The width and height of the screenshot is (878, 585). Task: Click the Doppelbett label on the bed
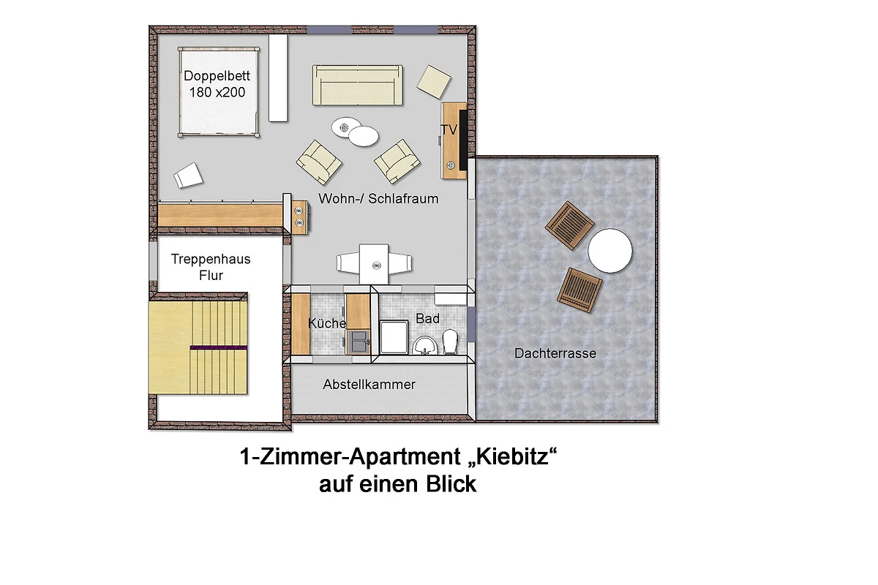217,75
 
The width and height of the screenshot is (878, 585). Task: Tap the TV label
449,129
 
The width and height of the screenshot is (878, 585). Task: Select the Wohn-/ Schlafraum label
378,199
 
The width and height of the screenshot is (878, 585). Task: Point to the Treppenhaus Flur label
211,267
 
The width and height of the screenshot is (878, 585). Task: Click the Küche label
327,323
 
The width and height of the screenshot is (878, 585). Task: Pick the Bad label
427,319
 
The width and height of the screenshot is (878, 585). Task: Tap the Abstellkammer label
369,385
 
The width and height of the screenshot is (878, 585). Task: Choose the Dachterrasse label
555,353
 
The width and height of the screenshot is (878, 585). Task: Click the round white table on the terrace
610,250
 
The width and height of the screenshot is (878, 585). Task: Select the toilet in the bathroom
451,341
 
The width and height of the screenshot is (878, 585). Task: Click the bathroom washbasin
425,345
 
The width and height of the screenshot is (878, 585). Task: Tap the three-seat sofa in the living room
358,85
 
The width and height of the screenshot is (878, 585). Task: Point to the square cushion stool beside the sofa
433,82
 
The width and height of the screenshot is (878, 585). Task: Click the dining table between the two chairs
375,263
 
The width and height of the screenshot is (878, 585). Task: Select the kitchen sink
359,341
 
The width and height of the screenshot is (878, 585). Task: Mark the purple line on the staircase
218,347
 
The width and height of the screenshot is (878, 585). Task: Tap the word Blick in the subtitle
451,484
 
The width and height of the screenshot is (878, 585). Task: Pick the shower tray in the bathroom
394,337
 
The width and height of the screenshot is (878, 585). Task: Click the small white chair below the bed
188,175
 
